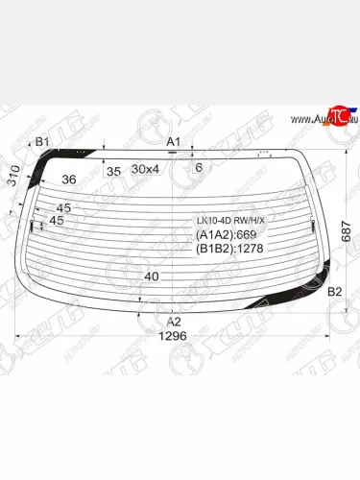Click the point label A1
(x=174, y=143)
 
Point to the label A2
(x=174, y=322)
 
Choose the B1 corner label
(x=41, y=143)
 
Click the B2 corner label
(x=335, y=291)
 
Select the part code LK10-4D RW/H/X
(x=230, y=220)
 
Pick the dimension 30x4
(x=146, y=170)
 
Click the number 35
(x=113, y=172)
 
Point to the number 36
(x=69, y=179)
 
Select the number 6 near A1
(x=198, y=168)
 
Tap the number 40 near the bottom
(x=151, y=276)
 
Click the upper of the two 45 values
(x=63, y=208)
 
